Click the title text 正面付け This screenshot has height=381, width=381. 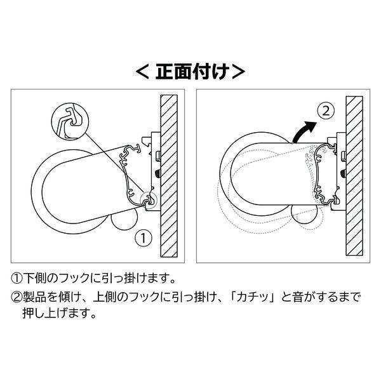point(190,71)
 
